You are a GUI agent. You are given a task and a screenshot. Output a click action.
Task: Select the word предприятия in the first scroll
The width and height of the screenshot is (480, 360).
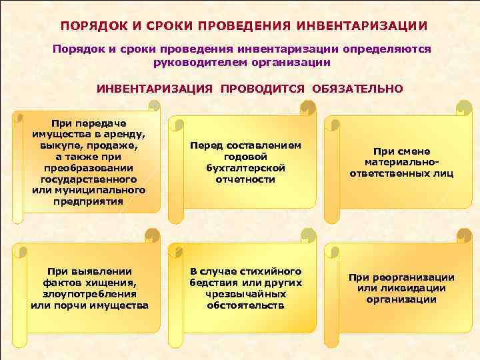point(88,202)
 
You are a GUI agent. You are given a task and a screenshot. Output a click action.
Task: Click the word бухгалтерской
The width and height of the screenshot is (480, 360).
point(245,168)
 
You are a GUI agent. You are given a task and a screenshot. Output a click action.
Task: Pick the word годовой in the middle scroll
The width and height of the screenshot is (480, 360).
point(245,157)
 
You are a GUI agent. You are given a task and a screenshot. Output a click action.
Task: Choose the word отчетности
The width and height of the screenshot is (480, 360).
point(245,179)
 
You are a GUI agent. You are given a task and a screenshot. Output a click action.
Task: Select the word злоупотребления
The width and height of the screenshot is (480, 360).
point(89,294)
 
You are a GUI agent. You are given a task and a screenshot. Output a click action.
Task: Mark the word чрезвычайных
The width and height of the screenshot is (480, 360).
point(245,294)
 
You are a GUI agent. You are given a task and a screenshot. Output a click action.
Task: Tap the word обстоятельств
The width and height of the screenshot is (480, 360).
point(245,305)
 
